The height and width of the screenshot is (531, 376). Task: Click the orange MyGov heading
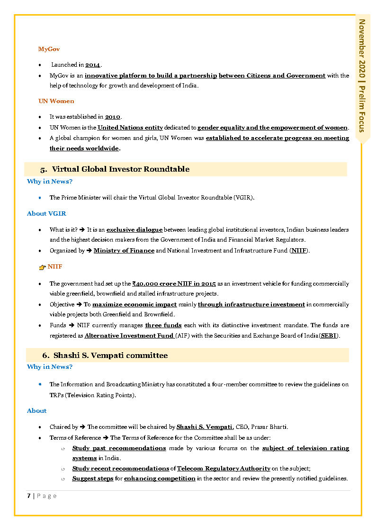click(49, 49)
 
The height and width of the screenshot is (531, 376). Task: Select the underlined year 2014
click(93, 65)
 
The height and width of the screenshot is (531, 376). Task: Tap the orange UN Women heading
click(56, 101)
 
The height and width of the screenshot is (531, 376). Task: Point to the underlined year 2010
click(113, 117)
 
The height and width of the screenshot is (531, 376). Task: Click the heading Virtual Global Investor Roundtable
click(120, 169)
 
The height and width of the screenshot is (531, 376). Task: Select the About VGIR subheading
click(46, 214)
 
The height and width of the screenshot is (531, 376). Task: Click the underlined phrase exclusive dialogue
click(134, 230)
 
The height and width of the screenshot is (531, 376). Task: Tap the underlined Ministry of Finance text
click(124, 251)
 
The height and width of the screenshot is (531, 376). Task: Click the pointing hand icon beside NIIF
click(42, 268)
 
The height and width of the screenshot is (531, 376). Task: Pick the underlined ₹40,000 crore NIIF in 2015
click(174, 284)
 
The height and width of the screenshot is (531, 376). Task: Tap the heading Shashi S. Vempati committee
click(110, 355)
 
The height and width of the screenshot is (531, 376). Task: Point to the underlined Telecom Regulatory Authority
click(224, 469)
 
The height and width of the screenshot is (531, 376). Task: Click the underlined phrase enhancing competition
click(160, 479)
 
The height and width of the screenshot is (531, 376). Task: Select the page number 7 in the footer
click(29, 496)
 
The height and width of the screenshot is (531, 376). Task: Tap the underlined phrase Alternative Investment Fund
click(129, 336)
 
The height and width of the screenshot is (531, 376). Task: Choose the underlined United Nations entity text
click(130, 128)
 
